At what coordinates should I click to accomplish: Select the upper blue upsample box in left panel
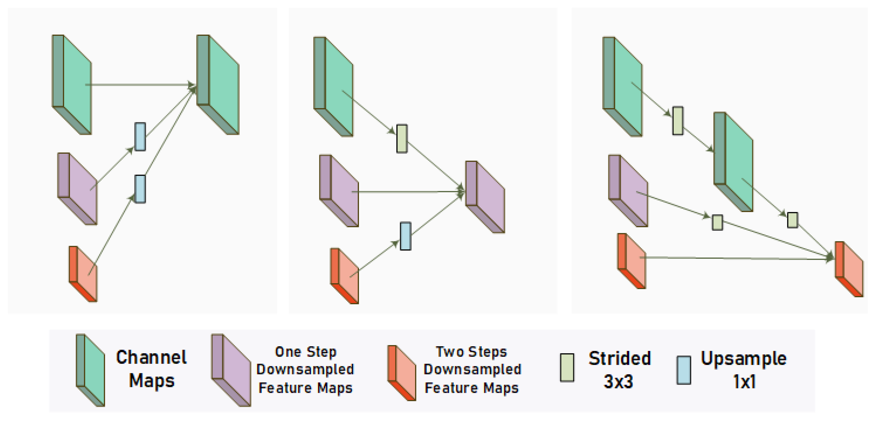pos(140,137)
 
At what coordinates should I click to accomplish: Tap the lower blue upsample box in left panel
pos(140,189)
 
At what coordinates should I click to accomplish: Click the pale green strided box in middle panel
pos(402,139)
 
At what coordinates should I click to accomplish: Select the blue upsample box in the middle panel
pos(405,236)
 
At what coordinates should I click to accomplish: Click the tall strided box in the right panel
pos(678,121)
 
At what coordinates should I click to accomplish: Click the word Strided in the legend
pos(620,358)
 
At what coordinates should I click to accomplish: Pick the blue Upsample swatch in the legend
pos(684,370)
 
